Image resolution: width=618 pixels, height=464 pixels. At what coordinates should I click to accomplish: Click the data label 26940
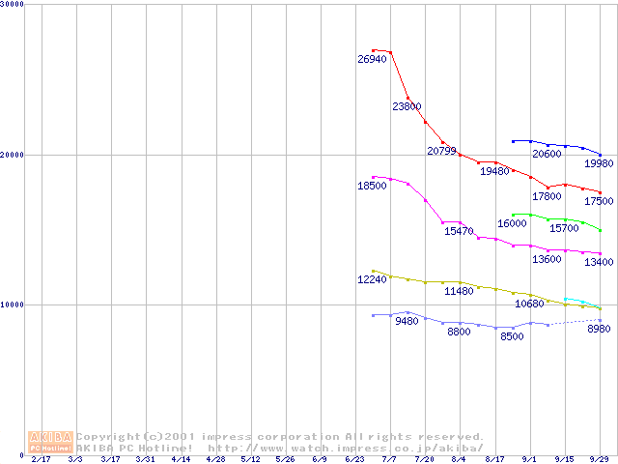pyautogui.click(x=372, y=60)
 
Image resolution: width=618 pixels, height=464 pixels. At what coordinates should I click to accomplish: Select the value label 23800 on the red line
pyautogui.click(x=407, y=106)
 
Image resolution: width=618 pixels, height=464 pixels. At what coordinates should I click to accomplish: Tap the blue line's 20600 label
pyautogui.click(x=547, y=154)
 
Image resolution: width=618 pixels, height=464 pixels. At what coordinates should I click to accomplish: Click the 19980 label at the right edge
pyautogui.click(x=599, y=164)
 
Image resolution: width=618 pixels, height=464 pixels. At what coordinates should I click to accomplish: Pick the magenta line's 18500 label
pyautogui.click(x=372, y=186)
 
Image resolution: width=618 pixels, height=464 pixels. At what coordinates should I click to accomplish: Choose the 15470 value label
pyautogui.click(x=459, y=231)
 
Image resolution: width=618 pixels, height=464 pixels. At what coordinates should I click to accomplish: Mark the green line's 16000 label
pyautogui.click(x=512, y=223)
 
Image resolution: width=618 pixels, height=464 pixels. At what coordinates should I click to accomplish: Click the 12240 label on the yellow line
pyautogui.click(x=372, y=279)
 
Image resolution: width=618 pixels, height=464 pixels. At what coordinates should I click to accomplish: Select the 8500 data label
pyautogui.click(x=512, y=336)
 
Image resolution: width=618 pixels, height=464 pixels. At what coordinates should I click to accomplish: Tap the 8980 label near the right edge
pyautogui.click(x=599, y=329)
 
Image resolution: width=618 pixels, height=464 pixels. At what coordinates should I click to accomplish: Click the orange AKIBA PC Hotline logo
pyautogui.click(x=50, y=442)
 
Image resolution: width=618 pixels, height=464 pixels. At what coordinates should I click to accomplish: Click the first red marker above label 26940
pyautogui.click(x=373, y=50)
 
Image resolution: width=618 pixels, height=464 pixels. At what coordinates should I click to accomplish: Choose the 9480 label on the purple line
pyautogui.click(x=407, y=322)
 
